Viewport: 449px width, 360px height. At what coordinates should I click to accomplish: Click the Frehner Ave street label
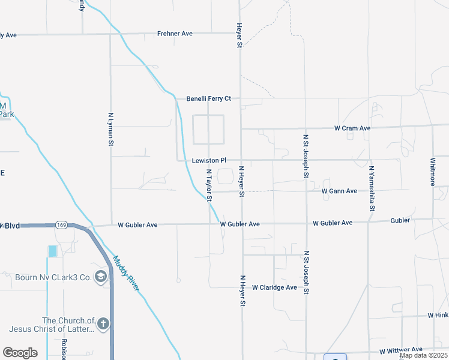click(x=175, y=34)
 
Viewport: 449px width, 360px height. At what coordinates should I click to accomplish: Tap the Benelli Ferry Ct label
click(x=208, y=98)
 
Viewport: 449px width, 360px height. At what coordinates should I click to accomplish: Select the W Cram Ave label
click(x=352, y=128)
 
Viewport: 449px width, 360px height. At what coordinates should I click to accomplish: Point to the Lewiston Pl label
click(x=209, y=161)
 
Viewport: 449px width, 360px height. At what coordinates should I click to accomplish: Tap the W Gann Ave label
click(x=339, y=191)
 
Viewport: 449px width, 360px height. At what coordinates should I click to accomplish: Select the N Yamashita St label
click(x=372, y=189)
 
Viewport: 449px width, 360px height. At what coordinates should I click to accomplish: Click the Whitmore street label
click(x=432, y=172)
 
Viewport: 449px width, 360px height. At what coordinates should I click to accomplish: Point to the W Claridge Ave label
click(x=274, y=287)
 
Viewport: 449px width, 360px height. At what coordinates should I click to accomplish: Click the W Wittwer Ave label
click(x=400, y=350)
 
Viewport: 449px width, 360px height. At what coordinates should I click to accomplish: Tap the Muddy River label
click(x=127, y=274)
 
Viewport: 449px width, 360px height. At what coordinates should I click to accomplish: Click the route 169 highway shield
click(x=61, y=225)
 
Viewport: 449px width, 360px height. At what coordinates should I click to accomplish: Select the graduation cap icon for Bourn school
click(x=101, y=277)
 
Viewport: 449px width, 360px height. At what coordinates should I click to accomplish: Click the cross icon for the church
click(x=103, y=325)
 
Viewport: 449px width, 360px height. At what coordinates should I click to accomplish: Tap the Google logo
click(x=20, y=353)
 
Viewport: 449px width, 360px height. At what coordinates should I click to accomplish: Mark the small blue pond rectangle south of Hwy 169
click(x=53, y=251)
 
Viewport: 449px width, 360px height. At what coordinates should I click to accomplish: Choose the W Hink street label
click(x=438, y=315)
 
